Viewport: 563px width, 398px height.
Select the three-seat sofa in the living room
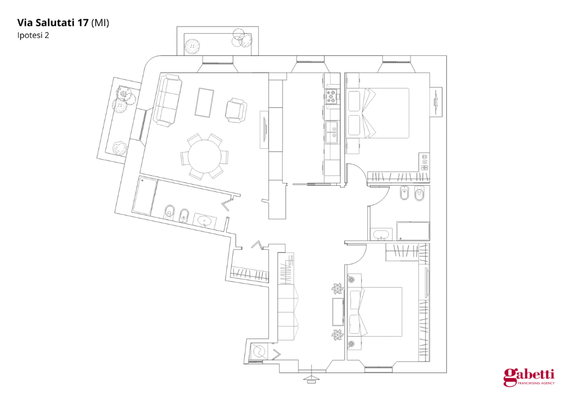tap(168, 100)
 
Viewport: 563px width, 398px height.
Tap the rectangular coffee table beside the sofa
tap(205, 102)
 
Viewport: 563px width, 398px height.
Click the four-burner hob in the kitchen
tap(332, 97)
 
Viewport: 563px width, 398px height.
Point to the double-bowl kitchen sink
tap(332, 132)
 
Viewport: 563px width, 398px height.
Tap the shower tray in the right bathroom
tap(413, 231)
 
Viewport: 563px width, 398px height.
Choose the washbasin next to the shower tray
tap(380, 235)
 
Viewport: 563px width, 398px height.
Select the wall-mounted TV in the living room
tap(264, 129)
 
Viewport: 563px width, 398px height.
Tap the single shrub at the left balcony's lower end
tap(118, 148)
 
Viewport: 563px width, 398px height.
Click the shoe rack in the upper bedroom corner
tap(425, 161)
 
